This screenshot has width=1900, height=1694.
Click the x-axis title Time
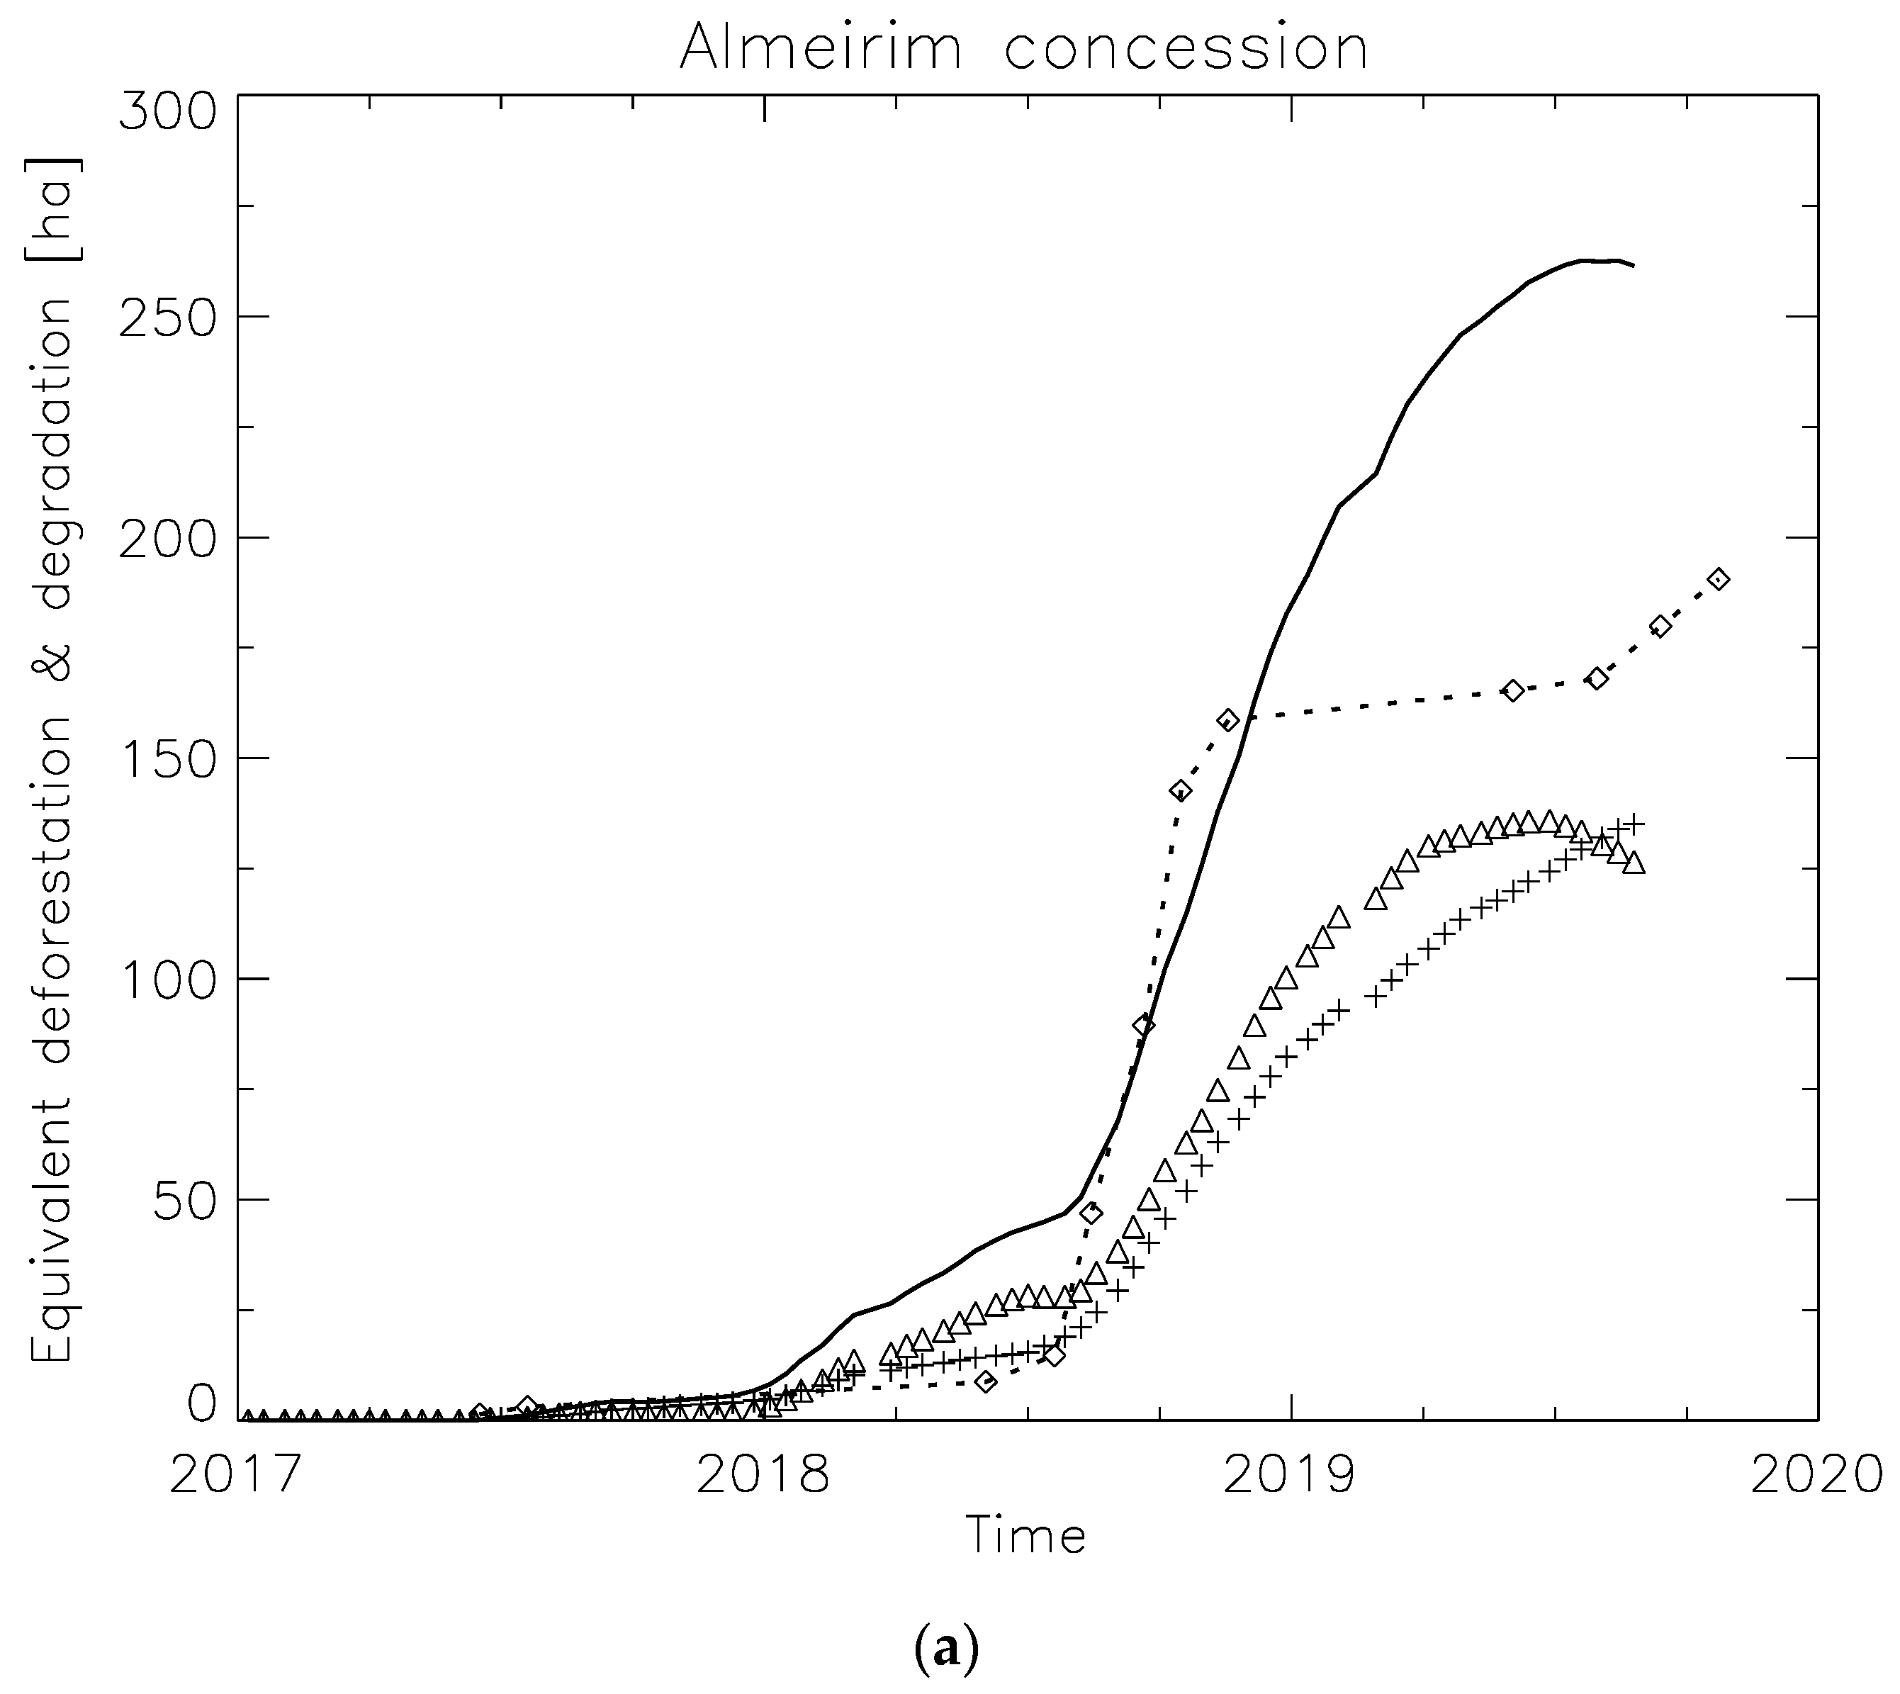point(1026,1537)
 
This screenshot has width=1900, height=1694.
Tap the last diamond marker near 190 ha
point(1719,579)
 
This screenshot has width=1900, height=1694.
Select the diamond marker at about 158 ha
point(1228,719)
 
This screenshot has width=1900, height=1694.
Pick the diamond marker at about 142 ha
point(1180,791)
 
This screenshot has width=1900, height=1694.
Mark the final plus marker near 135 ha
point(1635,824)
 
